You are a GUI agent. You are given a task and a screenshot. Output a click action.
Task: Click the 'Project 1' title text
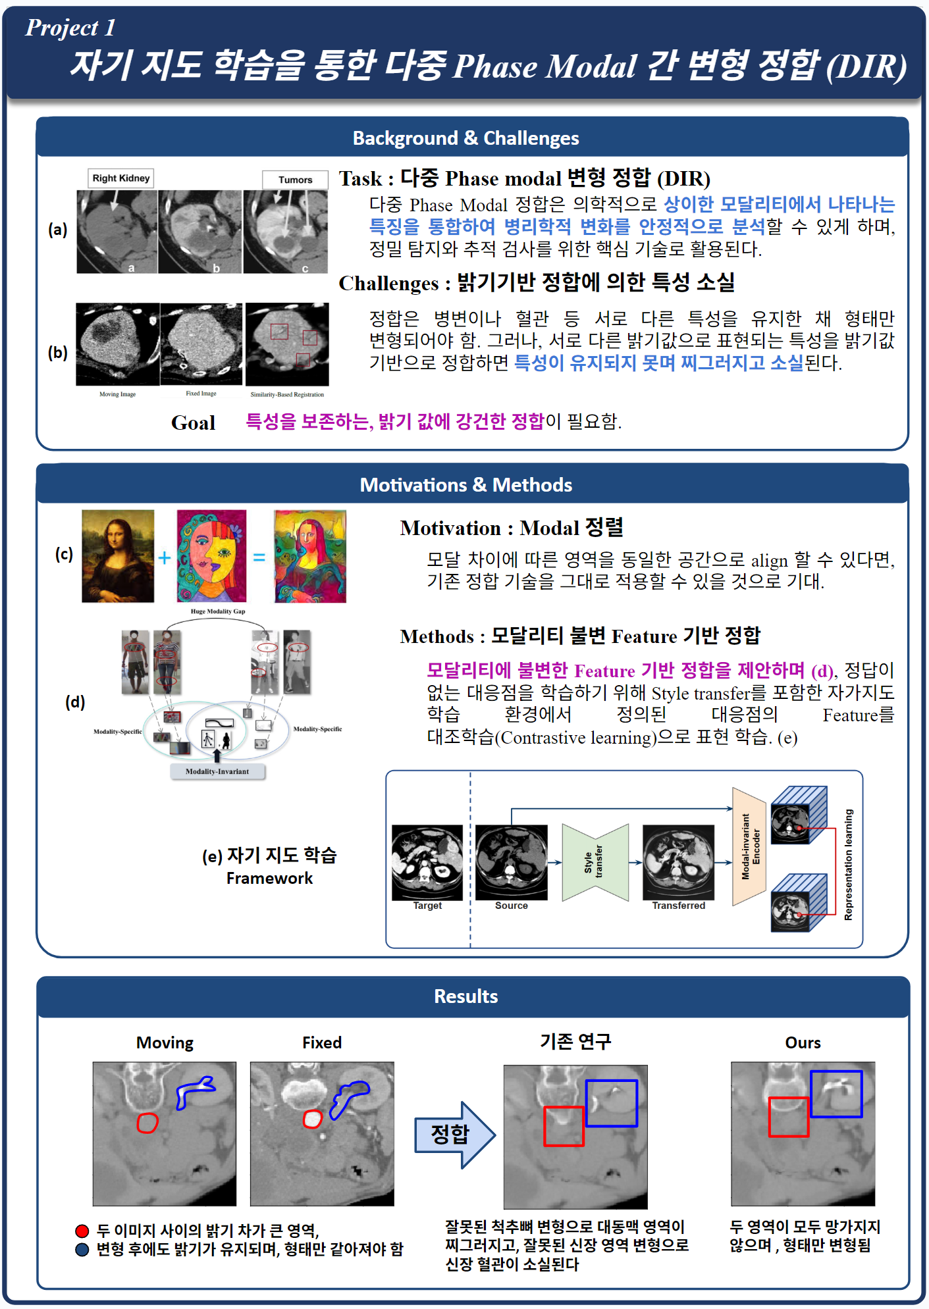click(70, 28)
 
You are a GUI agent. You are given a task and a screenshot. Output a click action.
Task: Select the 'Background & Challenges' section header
click(465, 138)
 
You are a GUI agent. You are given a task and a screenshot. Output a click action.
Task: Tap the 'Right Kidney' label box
click(121, 178)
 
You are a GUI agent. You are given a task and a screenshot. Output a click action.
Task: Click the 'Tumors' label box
click(295, 180)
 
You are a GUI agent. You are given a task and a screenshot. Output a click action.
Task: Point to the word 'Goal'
click(193, 423)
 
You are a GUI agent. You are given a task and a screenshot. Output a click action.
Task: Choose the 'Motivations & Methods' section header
click(465, 485)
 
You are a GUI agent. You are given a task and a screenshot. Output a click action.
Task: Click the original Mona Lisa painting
click(118, 556)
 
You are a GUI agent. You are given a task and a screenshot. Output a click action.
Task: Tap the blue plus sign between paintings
click(165, 557)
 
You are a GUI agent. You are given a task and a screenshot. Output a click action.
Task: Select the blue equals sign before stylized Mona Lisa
click(259, 557)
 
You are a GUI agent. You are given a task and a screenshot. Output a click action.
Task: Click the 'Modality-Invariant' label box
click(217, 771)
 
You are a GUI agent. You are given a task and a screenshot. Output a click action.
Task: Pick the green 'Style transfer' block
click(595, 862)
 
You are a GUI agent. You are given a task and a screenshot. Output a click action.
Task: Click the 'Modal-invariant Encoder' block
click(749, 846)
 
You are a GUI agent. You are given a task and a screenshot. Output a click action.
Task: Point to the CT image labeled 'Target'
click(427, 862)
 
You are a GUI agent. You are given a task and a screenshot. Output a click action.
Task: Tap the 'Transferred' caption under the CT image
click(678, 906)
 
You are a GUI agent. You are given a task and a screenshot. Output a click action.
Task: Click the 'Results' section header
click(465, 996)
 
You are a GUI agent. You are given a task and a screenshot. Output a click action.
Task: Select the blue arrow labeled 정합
click(455, 1135)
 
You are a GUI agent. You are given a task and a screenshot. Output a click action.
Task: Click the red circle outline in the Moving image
click(147, 1122)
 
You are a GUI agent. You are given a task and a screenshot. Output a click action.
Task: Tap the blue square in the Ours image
click(836, 1094)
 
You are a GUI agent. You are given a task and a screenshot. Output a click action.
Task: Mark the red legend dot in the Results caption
click(82, 1231)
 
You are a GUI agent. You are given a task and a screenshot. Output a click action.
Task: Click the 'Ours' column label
click(803, 1042)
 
